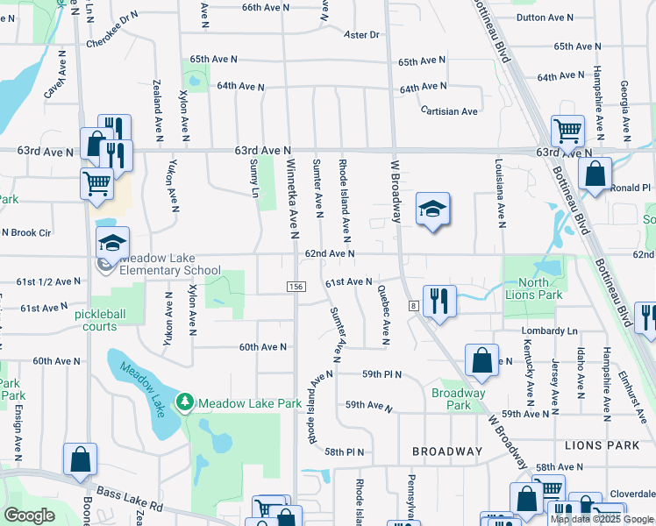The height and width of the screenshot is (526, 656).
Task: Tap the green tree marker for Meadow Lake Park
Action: (x=184, y=402)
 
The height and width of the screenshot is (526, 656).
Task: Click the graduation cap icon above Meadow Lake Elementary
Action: (x=113, y=242)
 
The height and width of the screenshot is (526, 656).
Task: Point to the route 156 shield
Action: (x=296, y=288)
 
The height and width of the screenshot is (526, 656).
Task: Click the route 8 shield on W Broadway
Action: (x=411, y=305)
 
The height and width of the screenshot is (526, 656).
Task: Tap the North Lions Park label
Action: (x=533, y=288)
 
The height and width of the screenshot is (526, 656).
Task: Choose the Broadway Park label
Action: (x=458, y=399)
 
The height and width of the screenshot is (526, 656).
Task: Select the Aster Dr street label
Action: (x=361, y=35)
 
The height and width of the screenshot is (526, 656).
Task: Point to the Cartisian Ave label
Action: (x=449, y=111)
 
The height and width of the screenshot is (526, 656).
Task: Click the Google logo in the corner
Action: (x=29, y=515)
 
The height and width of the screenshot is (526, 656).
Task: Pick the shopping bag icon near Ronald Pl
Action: (x=595, y=174)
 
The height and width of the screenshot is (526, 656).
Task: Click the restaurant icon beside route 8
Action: (x=439, y=301)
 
